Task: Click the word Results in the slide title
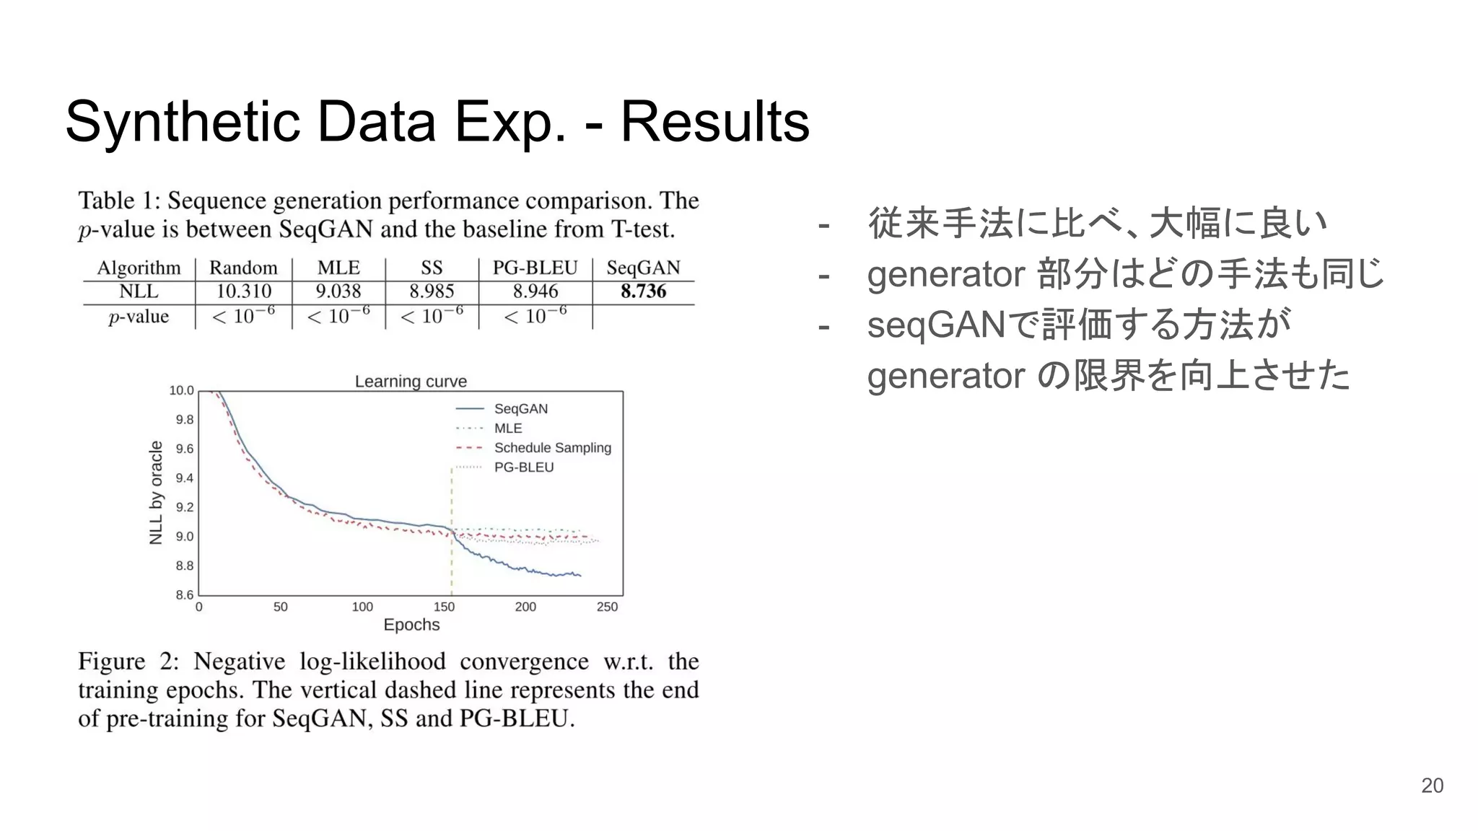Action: (714, 121)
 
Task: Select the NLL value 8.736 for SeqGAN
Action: (643, 291)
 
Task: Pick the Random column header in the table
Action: (243, 268)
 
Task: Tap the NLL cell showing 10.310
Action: (243, 291)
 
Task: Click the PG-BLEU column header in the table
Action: (535, 268)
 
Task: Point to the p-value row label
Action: (139, 317)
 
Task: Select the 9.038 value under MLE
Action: (338, 291)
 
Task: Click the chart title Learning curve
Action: (411, 381)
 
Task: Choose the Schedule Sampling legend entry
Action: (552, 448)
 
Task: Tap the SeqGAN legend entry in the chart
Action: (520, 409)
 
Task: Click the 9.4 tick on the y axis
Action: (185, 478)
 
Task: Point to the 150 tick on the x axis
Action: (444, 607)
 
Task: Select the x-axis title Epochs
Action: (411, 625)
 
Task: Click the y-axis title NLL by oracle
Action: (156, 493)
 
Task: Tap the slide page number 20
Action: (1432, 786)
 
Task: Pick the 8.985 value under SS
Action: (432, 291)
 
